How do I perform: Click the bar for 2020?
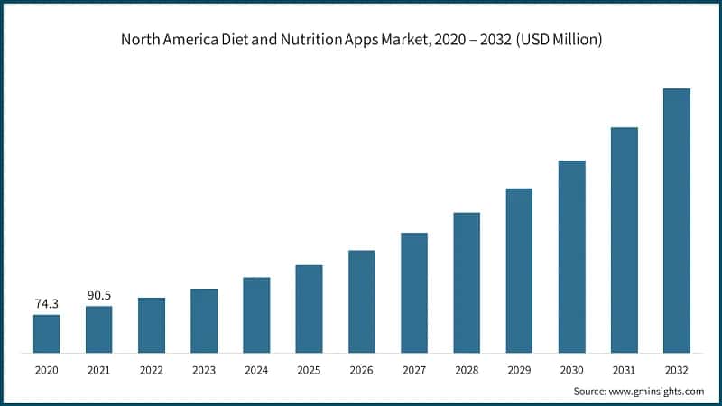point(47,333)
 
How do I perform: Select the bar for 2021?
point(99,329)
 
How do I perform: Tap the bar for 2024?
point(256,315)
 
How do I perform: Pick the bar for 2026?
point(361,301)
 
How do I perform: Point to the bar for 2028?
point(467,282)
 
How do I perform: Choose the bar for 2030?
point(571,256)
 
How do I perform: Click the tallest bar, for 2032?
point(676,220)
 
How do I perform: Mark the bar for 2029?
point(519,270)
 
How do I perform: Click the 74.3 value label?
point(47,304)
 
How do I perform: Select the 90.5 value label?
point(99,295)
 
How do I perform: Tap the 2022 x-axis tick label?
point(152,370)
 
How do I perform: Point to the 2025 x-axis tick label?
point(309,370)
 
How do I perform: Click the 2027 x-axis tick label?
point(413,370)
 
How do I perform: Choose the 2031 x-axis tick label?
point(624,370)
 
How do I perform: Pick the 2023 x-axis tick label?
point(204,370)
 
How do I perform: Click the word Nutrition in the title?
point(318,41)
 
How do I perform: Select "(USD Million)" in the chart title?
point(559,41)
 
